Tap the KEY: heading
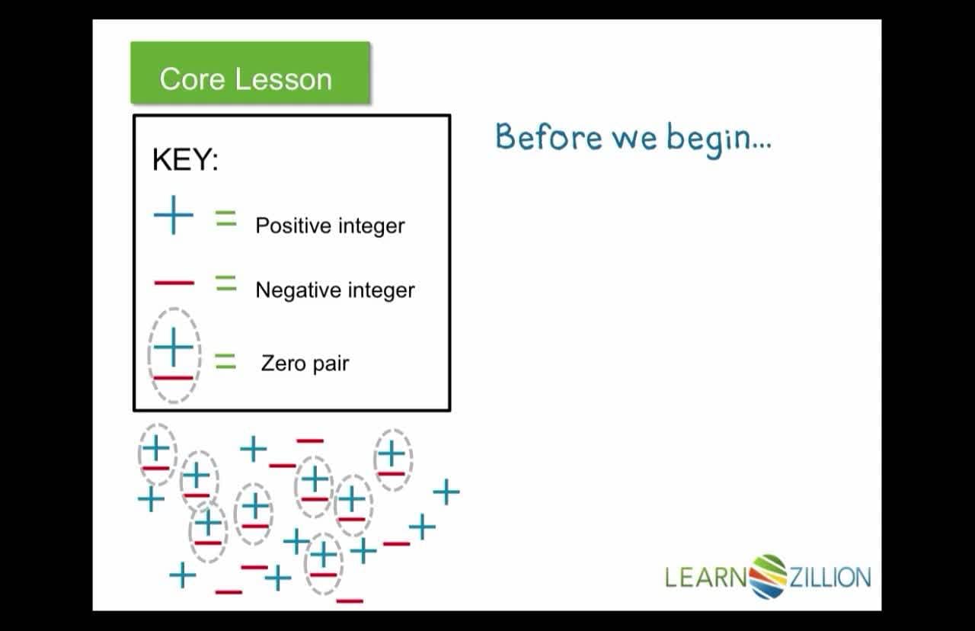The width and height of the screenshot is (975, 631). coord(185,160)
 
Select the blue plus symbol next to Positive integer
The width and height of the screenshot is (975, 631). coord(174,216)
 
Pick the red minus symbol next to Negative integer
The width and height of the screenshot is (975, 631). coord(174,283)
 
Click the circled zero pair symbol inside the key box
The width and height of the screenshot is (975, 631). coord(174,356)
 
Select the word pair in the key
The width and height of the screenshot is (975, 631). coord(329,364)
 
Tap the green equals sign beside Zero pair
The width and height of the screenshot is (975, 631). coord(225,360)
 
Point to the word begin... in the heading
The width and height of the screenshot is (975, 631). coord(718,139)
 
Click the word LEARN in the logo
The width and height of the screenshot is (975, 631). coord(705,577)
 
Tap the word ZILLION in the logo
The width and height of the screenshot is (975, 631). coord(830,577)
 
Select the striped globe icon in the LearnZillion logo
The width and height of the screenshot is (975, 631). coord(768,576)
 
